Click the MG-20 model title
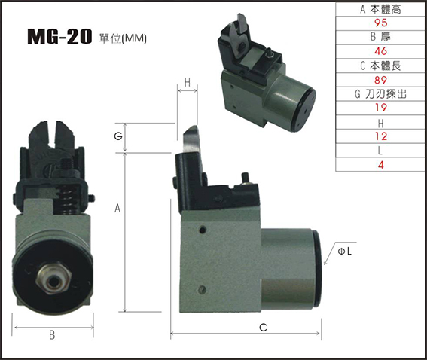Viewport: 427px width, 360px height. [59, 37]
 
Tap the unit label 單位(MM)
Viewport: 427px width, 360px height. [123, 38]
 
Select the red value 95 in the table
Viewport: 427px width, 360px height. [380, 23]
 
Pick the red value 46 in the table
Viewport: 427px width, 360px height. [380, 51]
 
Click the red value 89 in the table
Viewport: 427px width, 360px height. [380, 80]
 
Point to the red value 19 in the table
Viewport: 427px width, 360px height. [380, 108]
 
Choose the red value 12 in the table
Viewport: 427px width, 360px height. [380, 136]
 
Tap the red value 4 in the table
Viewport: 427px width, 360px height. [381, 165]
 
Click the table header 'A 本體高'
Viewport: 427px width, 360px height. [380, 9]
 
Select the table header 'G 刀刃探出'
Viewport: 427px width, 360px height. [380, 94]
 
